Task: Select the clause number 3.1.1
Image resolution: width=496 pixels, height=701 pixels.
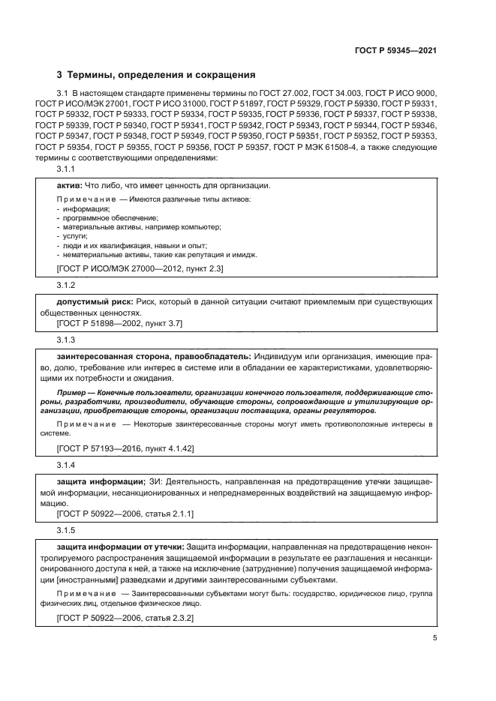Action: pyautogui.click(x=67, y=171)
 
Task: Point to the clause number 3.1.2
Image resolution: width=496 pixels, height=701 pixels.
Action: pyautogui.click(x=67, y=286)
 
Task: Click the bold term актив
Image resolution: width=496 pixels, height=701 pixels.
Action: pyautogui.click(x=70, y=185)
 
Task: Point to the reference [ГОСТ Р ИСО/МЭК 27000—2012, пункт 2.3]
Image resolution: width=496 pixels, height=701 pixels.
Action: pyautogui.click(x=140, y=268)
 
